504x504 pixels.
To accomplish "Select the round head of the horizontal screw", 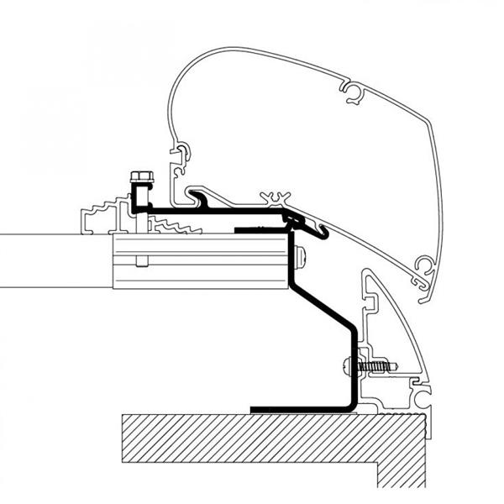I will [x=348, y=366].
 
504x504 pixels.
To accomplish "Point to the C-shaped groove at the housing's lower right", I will [x=426, y=268].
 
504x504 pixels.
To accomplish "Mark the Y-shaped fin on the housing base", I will [x=274, y=200].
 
